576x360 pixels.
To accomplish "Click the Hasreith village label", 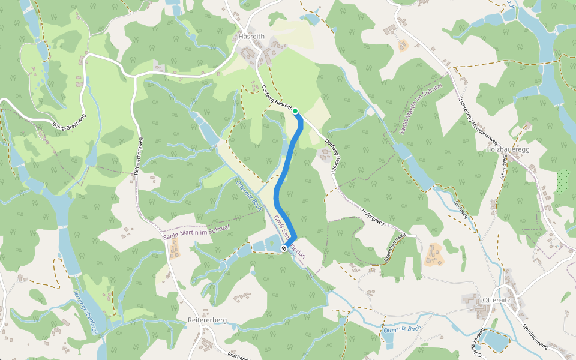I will click(x=251, y=36).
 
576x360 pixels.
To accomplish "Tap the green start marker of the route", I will click(x=295, y=110).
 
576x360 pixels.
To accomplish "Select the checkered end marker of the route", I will click(x=284, y=248).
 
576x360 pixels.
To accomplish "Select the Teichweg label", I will click(x=460, y=208).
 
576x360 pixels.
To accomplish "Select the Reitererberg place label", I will click(x=207, y=320).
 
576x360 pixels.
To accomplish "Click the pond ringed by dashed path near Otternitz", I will click(x=495, y=340).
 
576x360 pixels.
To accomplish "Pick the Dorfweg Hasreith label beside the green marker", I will click(x=277, y=96).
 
